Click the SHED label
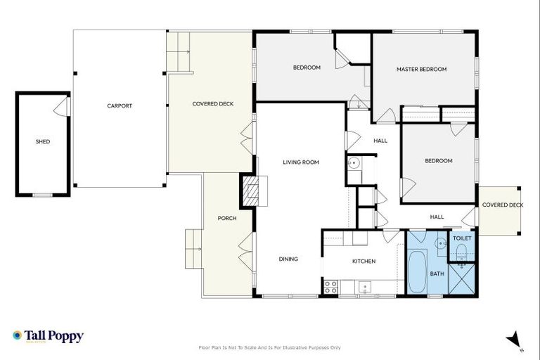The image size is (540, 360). (x=43, y=141)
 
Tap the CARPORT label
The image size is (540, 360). (x=120, y=106)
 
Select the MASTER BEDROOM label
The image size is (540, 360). (x=421, y=70)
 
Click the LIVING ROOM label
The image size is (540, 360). (x=301, y=162)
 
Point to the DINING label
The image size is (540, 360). (x=288, y=259)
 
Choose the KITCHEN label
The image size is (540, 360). (x=364, y=261)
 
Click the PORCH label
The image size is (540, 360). (x=226, y=218)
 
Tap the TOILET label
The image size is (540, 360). (x=462, y=239)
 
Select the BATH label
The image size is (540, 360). (x=437, y=274)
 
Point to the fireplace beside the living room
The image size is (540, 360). (x=251, y=191)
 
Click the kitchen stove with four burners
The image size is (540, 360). (x=330, y=286)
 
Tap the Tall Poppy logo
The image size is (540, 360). (x=48, y=336)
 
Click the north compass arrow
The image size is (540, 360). (x=515, y=340)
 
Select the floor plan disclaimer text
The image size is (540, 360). (x=270, y=347)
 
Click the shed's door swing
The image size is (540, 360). (x=63, y=107)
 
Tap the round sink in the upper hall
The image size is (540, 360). (x=354, y=163)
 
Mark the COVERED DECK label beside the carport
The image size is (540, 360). (x=213, y=104)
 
